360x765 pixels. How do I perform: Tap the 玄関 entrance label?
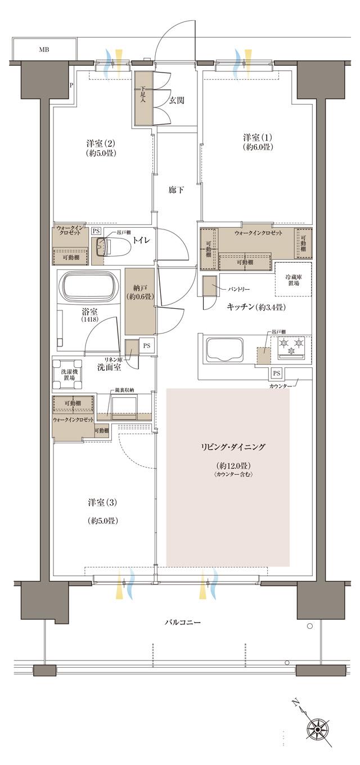pos(177,100)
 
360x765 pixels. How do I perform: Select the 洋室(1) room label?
pos(258,142)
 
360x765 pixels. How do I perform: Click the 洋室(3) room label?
pos(102,510)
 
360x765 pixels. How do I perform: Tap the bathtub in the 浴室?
pos(90,287)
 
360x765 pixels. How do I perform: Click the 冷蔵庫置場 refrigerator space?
pos(292,280)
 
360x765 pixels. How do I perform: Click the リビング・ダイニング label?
pos(233,447)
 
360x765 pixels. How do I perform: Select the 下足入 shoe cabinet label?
pos(143,93)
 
